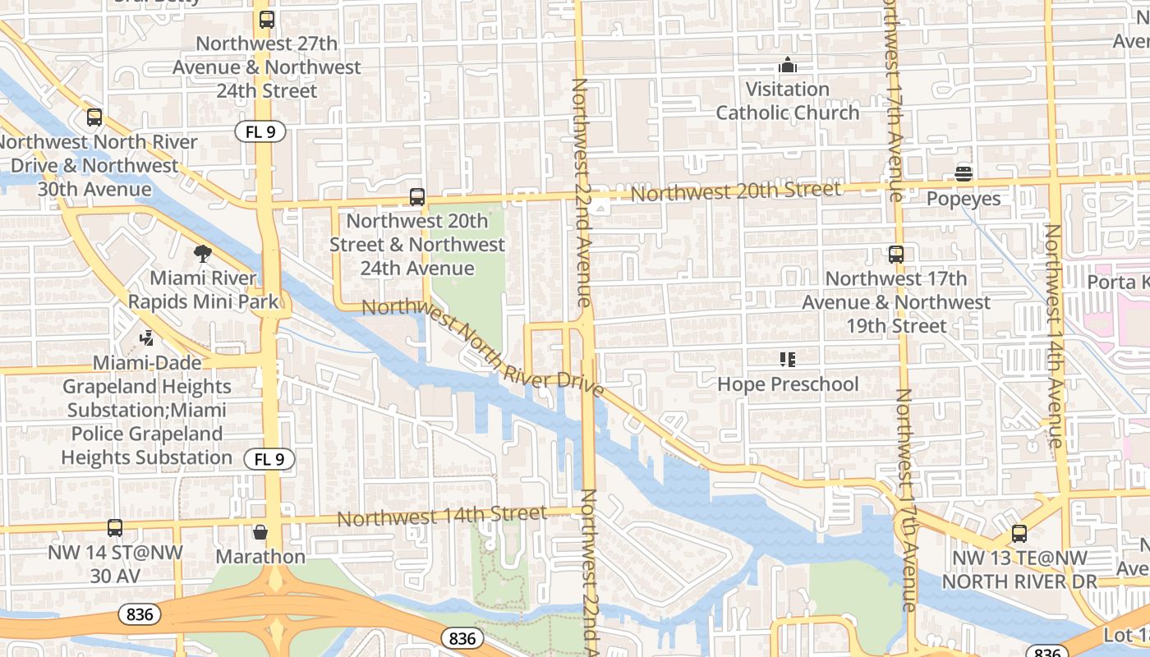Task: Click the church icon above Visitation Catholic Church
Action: [788, 65]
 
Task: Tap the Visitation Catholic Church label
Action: [788, 100]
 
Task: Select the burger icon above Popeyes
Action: [964, 174]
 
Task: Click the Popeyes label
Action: [964, 199]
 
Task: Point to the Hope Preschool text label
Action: [788, 384]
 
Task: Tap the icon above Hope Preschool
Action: [788, 360]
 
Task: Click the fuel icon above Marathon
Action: [260, 532]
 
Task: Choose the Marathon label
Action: [260, 557]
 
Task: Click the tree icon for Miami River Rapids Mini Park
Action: [203, 254]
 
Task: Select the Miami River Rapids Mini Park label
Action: [204, 290]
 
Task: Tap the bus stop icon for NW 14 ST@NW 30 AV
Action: [115, 528]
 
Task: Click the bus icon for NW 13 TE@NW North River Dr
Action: [1019, 534]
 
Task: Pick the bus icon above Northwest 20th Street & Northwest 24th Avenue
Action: [417, 197]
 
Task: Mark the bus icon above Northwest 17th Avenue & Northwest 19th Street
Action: [896, 255]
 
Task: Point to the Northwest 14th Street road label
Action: [441, 516]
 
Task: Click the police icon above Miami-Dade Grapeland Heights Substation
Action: [147, 338]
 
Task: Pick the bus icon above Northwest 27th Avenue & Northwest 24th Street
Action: [266, 20]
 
